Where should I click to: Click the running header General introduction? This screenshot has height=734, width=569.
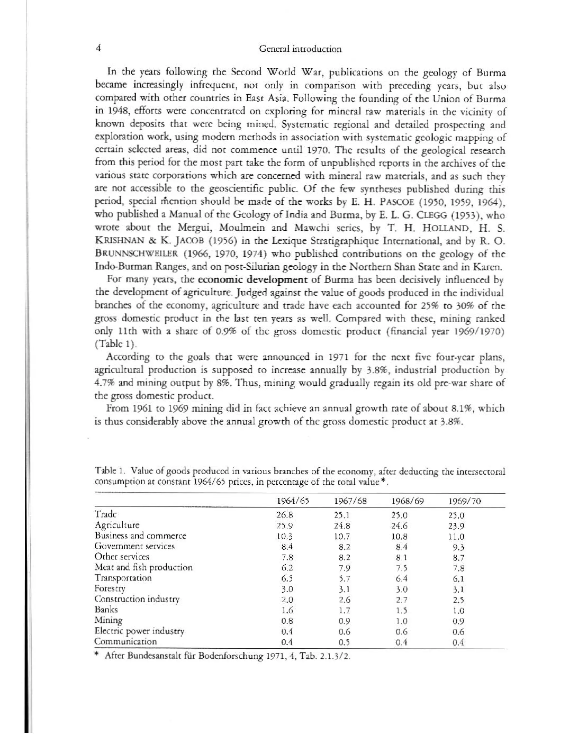tap(300, 49)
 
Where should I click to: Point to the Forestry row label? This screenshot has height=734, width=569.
tap(110, 588)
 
